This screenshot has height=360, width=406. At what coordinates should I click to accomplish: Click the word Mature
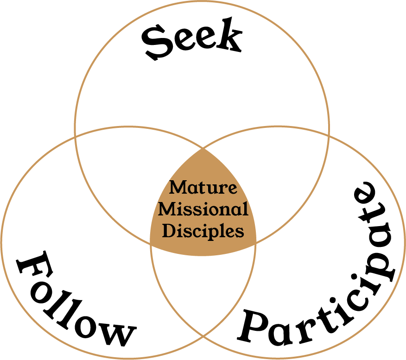click(203, 188)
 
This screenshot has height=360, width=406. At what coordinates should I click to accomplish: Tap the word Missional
click(203, 209)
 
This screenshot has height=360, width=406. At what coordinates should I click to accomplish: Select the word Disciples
click(203, 231)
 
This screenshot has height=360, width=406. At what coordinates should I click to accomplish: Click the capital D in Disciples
click(168, 231)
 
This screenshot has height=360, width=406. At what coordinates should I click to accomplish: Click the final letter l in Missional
click(245, 209)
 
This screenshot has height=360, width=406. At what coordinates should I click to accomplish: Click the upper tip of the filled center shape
click(203, 149)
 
